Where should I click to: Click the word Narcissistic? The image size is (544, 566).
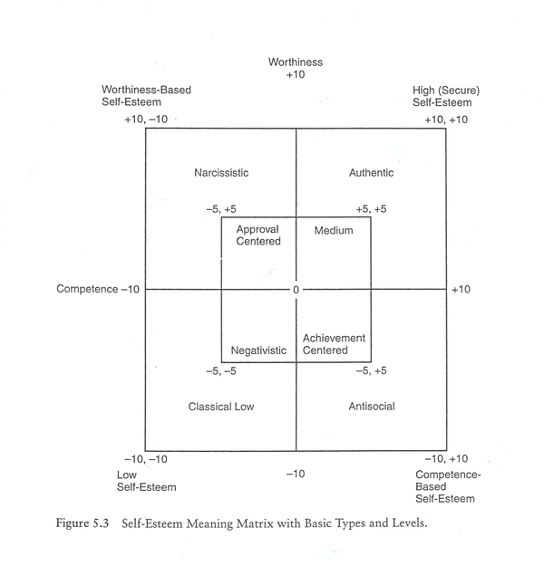221,173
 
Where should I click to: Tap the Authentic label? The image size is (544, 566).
371,173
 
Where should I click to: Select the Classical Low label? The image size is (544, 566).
221,407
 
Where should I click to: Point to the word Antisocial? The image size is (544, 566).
372,407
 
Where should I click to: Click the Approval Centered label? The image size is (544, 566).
258,235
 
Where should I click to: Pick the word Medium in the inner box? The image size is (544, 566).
334,231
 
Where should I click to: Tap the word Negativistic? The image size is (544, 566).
258,350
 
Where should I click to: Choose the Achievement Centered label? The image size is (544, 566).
334,344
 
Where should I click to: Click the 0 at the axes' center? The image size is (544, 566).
296,290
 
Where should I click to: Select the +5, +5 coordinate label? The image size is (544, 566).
371,209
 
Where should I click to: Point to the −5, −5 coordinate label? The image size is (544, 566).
221,371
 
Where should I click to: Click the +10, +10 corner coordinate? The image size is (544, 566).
446,120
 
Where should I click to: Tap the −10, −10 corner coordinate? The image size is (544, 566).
146,460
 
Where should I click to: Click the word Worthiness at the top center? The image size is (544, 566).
295,62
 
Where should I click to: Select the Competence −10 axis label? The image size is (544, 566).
98,290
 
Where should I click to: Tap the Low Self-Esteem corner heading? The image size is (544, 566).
146,481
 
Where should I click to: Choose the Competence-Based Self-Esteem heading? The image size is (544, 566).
447,487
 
